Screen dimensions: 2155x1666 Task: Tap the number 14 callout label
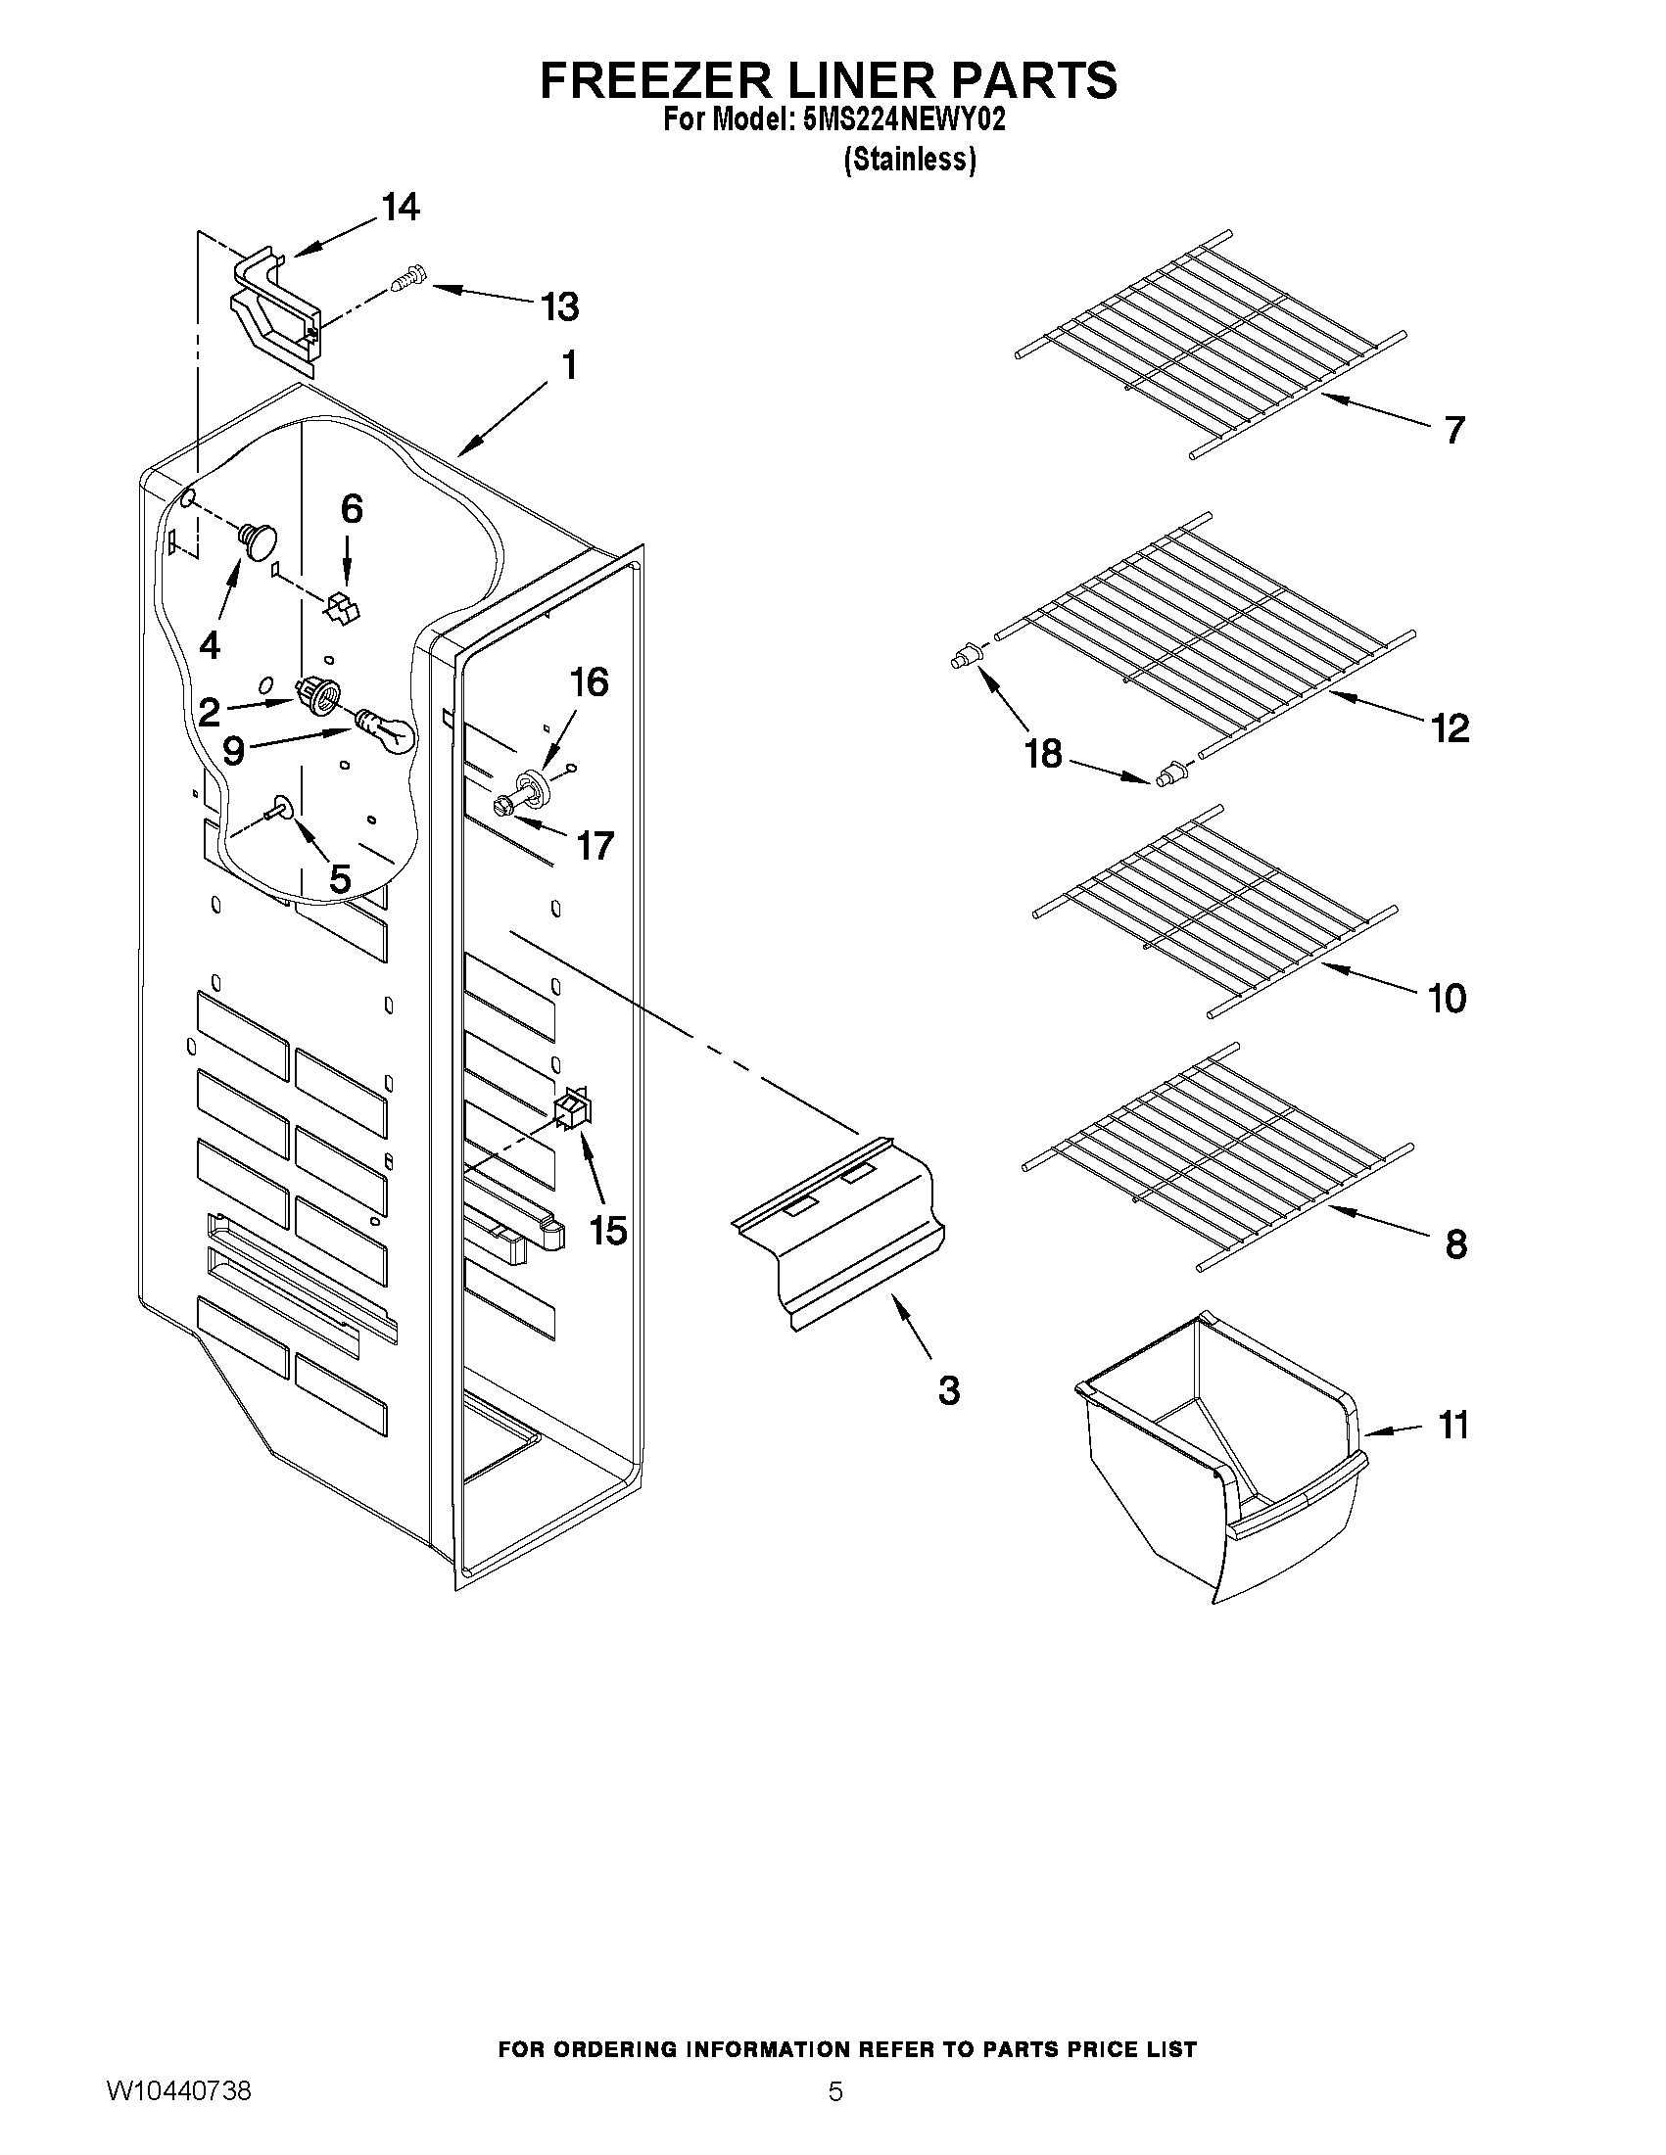click(400, 208)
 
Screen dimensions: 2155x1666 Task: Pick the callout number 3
click(947, 1390)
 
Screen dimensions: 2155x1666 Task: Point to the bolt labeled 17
click(503, 804)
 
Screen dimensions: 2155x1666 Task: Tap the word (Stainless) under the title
click(909, 160)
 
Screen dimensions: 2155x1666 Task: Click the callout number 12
click(1450, 728)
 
